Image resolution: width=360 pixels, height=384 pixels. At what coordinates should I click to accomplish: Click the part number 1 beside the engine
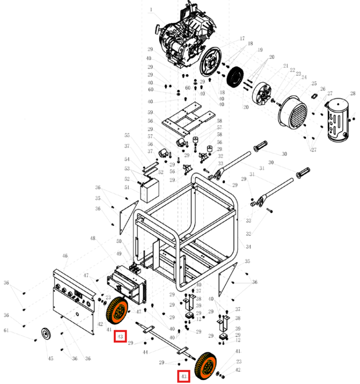tap(151, 9)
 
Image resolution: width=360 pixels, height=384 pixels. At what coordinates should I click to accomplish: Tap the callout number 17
tap(242, 39)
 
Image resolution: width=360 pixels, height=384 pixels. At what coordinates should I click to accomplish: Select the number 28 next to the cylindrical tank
tap(353, 93)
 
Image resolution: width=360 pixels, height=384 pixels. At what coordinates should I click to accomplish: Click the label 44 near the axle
tap(145, 352)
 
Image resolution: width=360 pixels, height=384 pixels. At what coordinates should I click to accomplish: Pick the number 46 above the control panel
tap(64, 256)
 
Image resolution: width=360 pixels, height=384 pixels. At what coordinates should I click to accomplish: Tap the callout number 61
tap(6, 330)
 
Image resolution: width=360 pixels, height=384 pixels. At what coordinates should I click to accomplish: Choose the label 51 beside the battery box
tap(127, 187)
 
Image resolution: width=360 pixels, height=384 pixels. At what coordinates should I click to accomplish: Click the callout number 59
tap(150, 112)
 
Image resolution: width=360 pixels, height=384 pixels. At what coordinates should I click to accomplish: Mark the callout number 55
tap(127, 135)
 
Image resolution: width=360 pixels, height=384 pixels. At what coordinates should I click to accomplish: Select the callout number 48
tap(92, 239)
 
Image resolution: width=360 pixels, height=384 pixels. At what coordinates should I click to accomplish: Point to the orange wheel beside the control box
tap(117, 311)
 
